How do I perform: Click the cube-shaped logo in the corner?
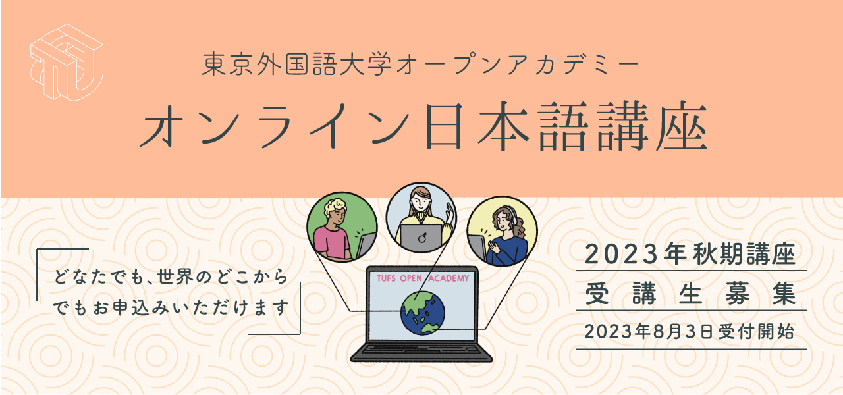(67, 63)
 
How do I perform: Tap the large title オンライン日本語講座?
(423, 126)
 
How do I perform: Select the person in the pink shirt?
(333, 230)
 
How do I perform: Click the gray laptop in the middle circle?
(421, 238)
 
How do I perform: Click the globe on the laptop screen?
(423, 313)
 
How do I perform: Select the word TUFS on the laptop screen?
(386, 278)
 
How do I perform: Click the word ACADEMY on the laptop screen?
(449, 278)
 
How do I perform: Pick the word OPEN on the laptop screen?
(411, 278)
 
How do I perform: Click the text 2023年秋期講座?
(691, 254)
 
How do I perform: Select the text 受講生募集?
(691, 294)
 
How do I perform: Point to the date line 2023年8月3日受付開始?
(690, 332)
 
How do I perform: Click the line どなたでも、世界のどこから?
(171, 277)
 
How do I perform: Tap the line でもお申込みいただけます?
(171, 307)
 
